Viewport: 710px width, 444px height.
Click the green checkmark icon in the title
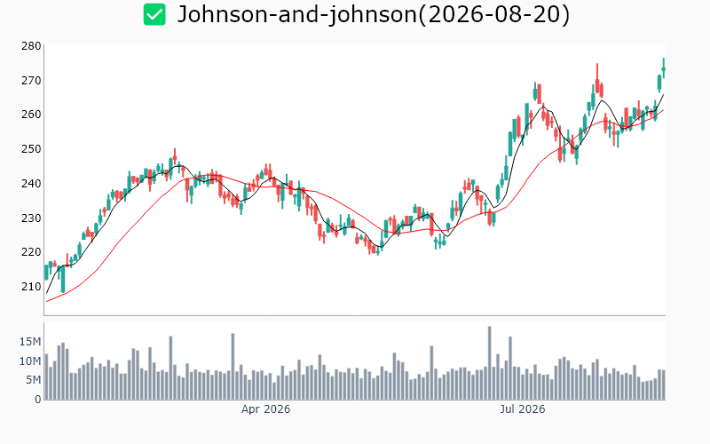coord(154,14)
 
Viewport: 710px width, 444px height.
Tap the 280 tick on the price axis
coord(31,46)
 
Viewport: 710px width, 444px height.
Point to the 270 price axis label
coord(31,81)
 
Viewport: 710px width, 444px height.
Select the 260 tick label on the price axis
coord(31,115)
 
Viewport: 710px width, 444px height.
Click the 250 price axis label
coord(31,148)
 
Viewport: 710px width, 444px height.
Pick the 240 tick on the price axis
coord(31,184)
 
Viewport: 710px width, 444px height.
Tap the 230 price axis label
coord(31,218)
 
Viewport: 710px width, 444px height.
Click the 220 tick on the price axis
coord(31,252)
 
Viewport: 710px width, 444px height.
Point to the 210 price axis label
coord(31,286)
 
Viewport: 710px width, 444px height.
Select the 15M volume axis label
coord(30,342)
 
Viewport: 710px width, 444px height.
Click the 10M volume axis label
coord(30,361)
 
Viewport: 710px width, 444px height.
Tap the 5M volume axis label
coord(33,380)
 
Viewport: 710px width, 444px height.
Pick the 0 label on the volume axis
coord(38,399)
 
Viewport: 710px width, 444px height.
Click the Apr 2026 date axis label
coord(265,409)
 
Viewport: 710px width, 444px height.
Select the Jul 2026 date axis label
coord(523,409)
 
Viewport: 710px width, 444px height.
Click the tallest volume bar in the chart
coord(490,363)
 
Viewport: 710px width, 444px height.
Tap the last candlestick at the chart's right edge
coord(664,68)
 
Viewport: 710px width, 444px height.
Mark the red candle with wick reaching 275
coord(597,80)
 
